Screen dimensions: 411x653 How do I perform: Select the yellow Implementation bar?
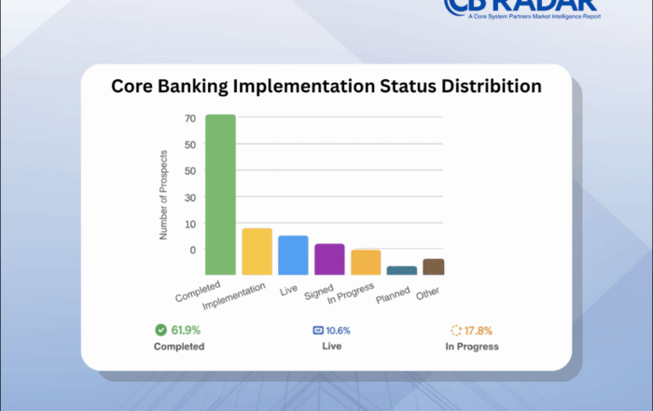pyautogui.click(x=257, y=251)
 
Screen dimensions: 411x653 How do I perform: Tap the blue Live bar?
pyautogui.click(x=293, y=254)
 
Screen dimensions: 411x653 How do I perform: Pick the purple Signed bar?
pyautogui.click(x=329, y=258)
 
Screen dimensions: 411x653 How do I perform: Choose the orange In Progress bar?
pyautogui.click(x=366, y=262)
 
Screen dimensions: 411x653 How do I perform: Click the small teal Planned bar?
pyautogui.click(x=401, y=270)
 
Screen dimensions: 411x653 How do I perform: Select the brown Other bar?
pyautogui.click(x=433, y=267)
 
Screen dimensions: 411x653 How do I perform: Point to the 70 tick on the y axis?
pyautogui.click(x=189, y=118)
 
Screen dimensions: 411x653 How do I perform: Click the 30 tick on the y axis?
pyautogui.click(x=189, y=198)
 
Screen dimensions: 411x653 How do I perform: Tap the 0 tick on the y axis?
pyautogui.click(x=192, y=250)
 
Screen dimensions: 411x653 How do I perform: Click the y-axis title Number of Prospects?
pyautogui.click(x=163, y=194)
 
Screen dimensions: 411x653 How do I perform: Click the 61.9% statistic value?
pyautogui.click(x=185, y=330)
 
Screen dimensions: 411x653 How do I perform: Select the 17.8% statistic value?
pyautogui.click(x=479, y=330)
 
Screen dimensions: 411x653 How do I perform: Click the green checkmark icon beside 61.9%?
pyautogui.click(x=160, y=330)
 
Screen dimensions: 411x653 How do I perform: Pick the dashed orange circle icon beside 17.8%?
pyautogui.click(x=456, y=330)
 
